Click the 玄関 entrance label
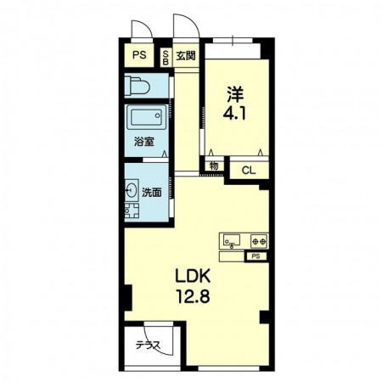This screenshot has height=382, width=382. pos(186,56)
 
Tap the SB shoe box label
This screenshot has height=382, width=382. pos(166,57)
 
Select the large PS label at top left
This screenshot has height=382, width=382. pos(139,54)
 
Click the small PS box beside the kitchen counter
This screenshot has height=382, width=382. pos(256,256)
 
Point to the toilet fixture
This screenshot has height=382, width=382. pos(138,85)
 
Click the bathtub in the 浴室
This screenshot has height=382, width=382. pos(146,117)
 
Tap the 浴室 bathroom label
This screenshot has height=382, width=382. pos(144,142)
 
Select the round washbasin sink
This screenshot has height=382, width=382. pos(132,190)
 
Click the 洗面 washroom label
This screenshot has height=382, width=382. pos(152,193)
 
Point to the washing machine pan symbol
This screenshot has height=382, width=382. pos(132,211)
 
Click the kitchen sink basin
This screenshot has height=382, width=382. pos(232,240)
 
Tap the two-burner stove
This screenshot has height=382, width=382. pos(259,241)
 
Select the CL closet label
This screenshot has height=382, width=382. pos(249,170)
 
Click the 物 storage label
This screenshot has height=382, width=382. pos(214,166)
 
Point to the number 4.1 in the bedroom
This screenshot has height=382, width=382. pos(234,114)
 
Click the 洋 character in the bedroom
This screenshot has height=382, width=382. pos(235,94)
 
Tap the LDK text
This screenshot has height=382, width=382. pos(193,276)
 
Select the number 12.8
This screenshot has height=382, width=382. pos(194,296)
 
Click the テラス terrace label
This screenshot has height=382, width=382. pos(149,345)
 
